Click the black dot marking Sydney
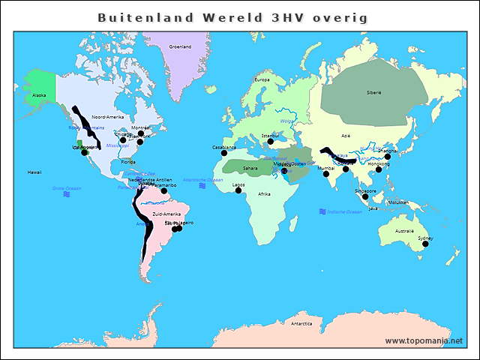425,244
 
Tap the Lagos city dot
238,190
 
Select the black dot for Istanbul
270,141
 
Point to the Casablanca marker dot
224,153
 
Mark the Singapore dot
365,196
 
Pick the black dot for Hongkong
379,169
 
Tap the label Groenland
180,46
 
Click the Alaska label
39,95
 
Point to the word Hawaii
34,172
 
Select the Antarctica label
301,323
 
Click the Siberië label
373,91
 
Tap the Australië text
404,230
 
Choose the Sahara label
250,168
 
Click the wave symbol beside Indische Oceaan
322,211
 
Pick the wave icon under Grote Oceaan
67,194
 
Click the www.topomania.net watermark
424,340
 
